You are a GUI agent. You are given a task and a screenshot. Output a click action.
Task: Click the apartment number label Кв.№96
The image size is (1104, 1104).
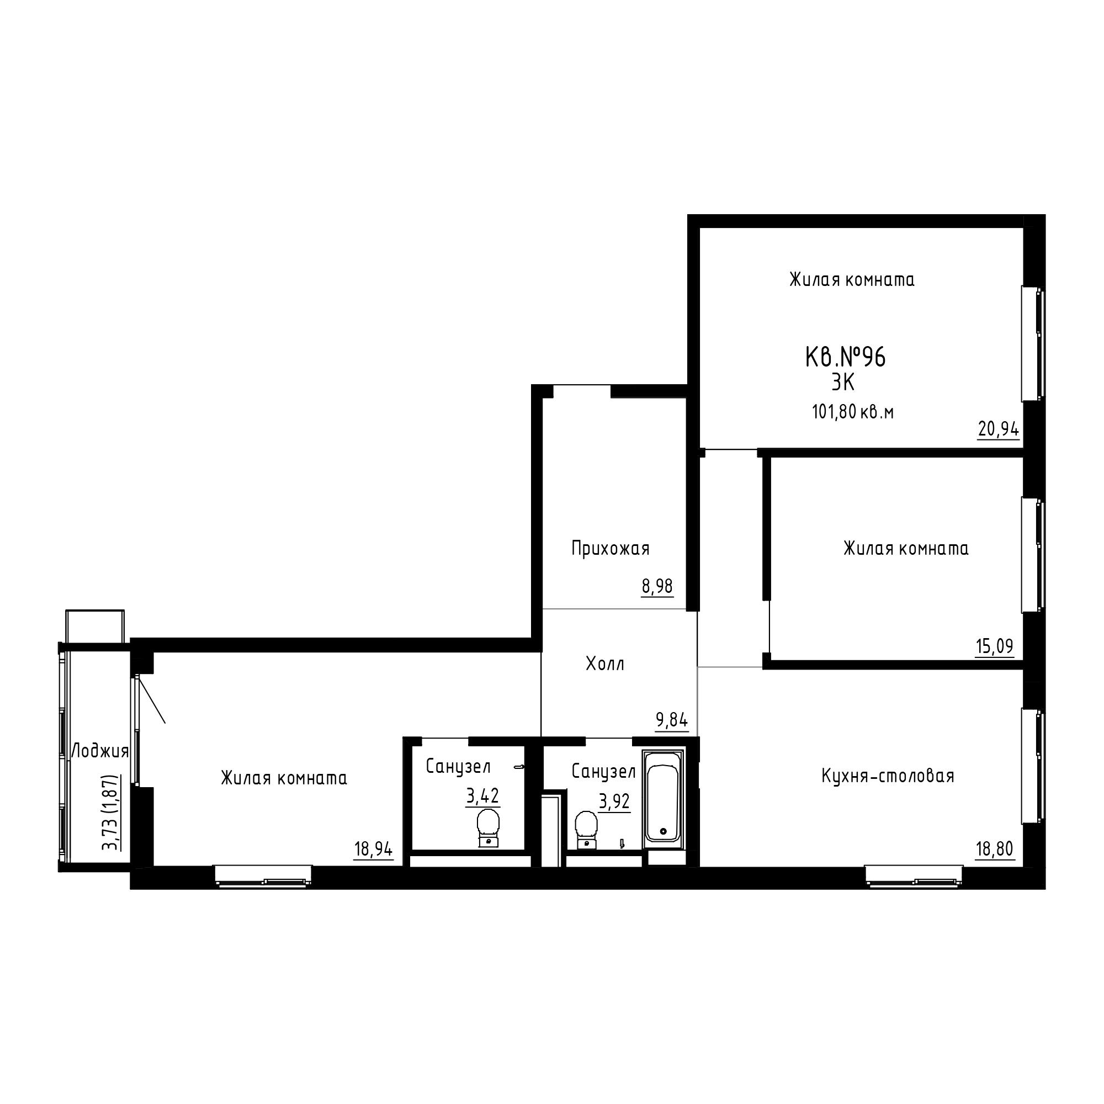click(x=845, y=358)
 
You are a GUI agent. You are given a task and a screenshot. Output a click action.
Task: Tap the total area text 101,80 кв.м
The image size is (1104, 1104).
click(x=853, y=411)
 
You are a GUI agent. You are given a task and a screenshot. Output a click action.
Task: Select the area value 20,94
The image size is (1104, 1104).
click(x=998, y=428)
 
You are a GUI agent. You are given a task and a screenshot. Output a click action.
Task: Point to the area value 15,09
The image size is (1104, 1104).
click(x=994, y=646)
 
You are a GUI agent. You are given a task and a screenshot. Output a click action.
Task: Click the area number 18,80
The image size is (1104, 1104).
click(x=995, y=849)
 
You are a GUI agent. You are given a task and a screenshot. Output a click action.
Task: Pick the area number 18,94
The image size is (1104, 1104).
click(x=374, y=849)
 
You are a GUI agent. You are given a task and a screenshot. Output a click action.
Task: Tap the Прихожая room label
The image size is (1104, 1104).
click(x=611, y=549)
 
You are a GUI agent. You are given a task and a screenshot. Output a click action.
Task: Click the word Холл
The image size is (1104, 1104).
click(x=605, y=664)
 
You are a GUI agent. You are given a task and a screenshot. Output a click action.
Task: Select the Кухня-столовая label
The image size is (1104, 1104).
click(x=888, y=776)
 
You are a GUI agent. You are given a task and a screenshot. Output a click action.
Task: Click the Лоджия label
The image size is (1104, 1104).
click(x=99, y=751)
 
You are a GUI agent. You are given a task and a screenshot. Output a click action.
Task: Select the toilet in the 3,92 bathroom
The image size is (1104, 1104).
click(x=586, y=830)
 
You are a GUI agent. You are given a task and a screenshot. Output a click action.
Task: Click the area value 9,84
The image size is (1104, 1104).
click(x=672, y=720)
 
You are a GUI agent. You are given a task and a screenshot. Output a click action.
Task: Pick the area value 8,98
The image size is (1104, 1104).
click(x=657, y=586)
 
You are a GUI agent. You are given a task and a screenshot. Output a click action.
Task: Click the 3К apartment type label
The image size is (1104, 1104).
click(x=843, y=383)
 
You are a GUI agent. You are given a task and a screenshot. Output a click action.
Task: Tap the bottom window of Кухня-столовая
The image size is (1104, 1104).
click(x=914, y=877)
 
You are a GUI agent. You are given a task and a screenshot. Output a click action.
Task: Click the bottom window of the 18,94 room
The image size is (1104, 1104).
click(x=263, y=877)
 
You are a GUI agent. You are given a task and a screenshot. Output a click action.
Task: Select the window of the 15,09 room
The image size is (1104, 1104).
click(x=1033, y=555)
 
